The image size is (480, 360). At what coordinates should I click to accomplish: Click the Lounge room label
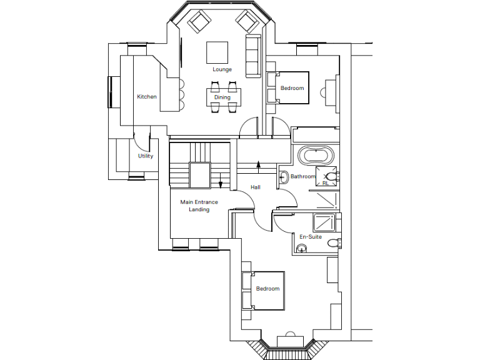pyautogui.click(x=222, y=69)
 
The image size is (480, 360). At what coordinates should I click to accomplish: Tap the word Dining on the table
pyautogui.click(x=222, y=97)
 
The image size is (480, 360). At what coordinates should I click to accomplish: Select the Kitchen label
pyautogui.click(x=147, y=97)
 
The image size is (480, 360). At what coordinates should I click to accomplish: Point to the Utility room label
pyautogui.click(x=146, y=156)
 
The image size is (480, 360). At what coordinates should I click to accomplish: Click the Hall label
pyautogui.click(x=256, y=187)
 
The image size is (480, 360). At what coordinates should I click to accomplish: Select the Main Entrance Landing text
pyautogui.click(x=199, y=206)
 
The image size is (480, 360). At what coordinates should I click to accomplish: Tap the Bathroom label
pyautogui.click(x=303, y=177)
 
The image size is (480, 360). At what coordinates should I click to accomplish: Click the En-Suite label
pyautogui.click(x=311, y=237)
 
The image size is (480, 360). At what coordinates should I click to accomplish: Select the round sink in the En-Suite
pyautogui.click(x=302, y=249)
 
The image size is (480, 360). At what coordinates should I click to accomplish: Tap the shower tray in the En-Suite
pyautogui.click(x=324, y=222)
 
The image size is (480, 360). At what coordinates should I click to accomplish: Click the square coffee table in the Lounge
pyautogui.click(x=217, y=51)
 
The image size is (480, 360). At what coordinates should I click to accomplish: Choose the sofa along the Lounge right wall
pyautogui.click(x=253, y=56)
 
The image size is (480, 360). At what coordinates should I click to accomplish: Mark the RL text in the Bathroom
pyautogui.click(x=325, y=184)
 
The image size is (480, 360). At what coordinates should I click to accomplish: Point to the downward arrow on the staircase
pyautogui.click(x=221, y=184)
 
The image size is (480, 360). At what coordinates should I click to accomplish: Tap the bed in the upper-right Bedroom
pyautogui.click(x=288, y=87)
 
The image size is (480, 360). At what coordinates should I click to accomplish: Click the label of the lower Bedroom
pyautogui.click(x=267, y=289)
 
